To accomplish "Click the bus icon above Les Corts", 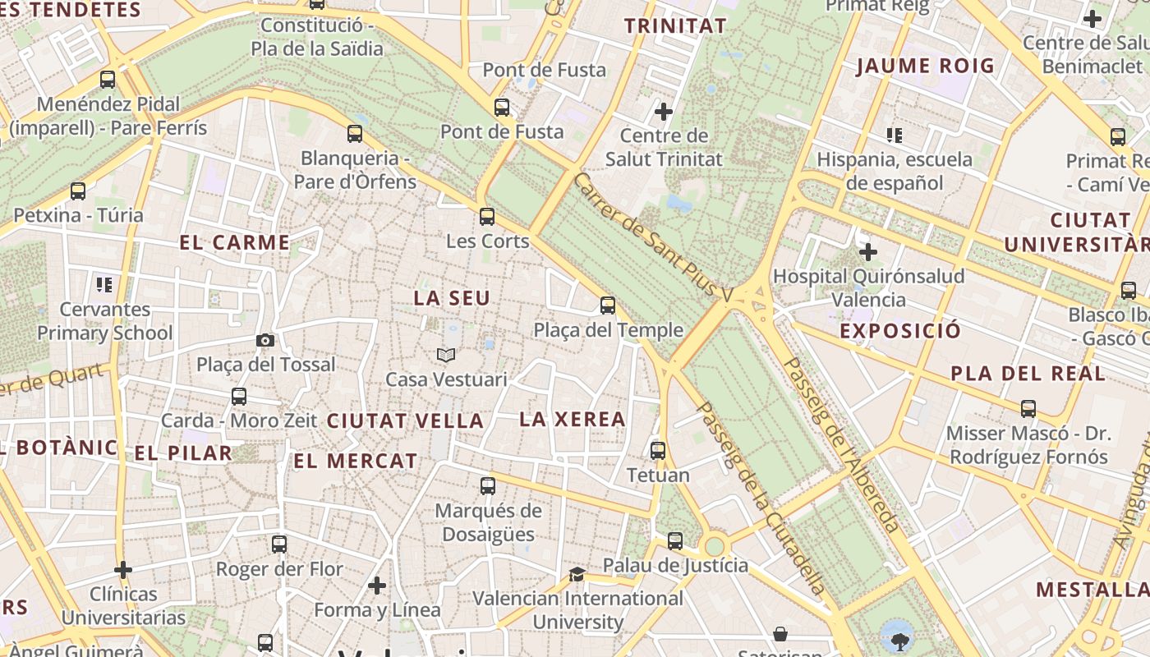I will [x=487, y=217].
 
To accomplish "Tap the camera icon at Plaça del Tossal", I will [x=264, y=340].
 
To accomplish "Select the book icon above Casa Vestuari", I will [x=446, y=355].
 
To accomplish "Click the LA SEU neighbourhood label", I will [x=452, y=298].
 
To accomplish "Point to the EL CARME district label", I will [x=235, y=243].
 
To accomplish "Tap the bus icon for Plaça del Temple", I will [x=608, y=306].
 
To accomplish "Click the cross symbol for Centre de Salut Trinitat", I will [x=664, y=111].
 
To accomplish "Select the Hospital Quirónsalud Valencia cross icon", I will [x=867, y=252].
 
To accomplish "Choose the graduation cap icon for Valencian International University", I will [x=577, y=574].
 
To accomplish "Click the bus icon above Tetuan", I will [x=658, y=450].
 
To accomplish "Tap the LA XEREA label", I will [x=573, y=420].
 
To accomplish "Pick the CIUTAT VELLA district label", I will [x=405, y=421].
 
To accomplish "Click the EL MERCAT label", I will [x=356, y=462].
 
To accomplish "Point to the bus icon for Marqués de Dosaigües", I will [x=488, y=486].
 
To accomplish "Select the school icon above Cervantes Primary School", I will [x=104, y=285].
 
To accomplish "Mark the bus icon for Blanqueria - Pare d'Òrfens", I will [x=355, y=133].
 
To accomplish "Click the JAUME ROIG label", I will [x=925, y=67].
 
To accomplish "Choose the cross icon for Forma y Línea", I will [x=377, y=586].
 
